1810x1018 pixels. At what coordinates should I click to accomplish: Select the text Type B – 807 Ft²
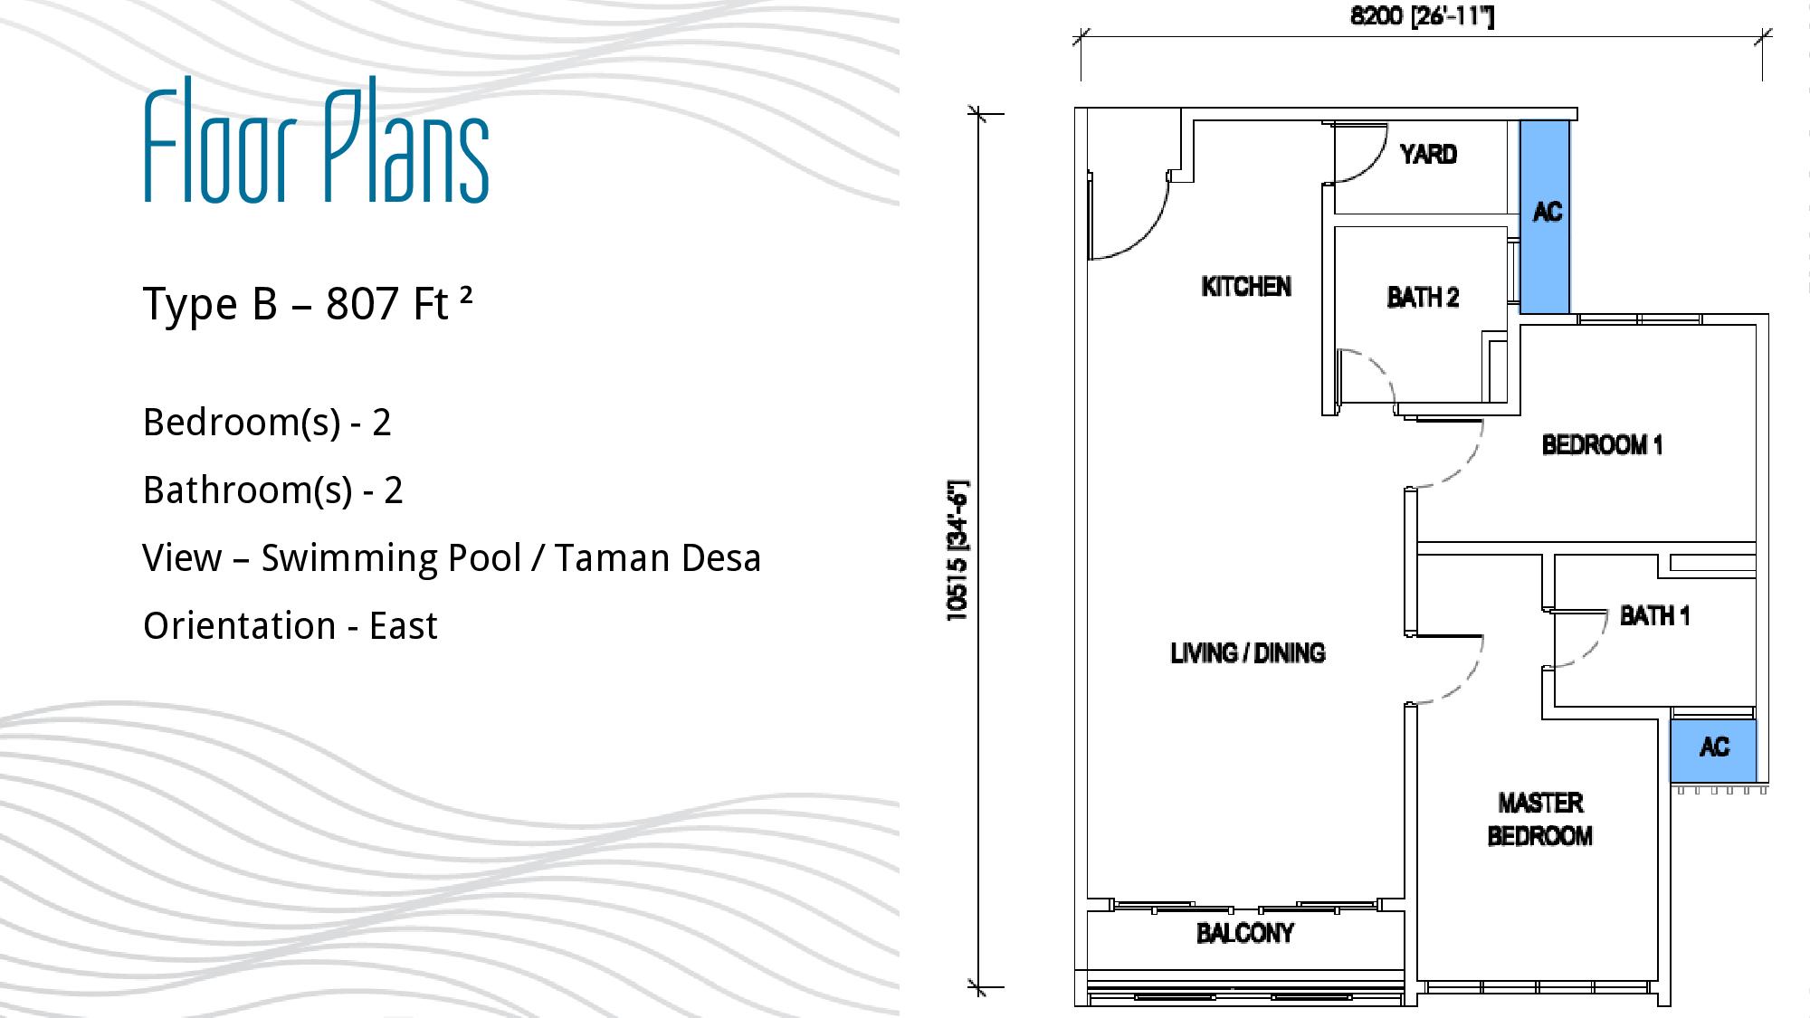point(308,304)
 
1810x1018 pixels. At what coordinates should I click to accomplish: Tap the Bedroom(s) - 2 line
point(267,423)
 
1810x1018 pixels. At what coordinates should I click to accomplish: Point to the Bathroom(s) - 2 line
point(272,490)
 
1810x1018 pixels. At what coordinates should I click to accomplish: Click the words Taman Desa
point(658,558)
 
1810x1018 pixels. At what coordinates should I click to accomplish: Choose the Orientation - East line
point(290,626)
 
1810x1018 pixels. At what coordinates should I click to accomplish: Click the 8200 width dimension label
point(1422,16)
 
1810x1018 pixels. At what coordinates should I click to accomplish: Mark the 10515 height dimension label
point(957,550)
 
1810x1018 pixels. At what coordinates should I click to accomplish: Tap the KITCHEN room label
point(1246,287)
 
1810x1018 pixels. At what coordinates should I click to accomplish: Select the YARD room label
point(1428,155)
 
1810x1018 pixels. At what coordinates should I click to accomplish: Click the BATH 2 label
point(1423,298)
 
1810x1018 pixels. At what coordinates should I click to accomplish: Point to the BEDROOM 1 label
point(1602,445)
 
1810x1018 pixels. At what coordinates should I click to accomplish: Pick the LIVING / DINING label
point(1248,653)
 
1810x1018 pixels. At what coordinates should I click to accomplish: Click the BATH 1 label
point(1654,616)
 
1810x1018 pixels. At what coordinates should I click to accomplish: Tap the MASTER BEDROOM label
point(1540,819)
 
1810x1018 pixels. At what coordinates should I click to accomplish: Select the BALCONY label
point(1245,933)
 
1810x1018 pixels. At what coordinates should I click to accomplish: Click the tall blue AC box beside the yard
point(1545,217)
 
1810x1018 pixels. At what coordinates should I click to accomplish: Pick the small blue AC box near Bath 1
point(1713,750)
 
